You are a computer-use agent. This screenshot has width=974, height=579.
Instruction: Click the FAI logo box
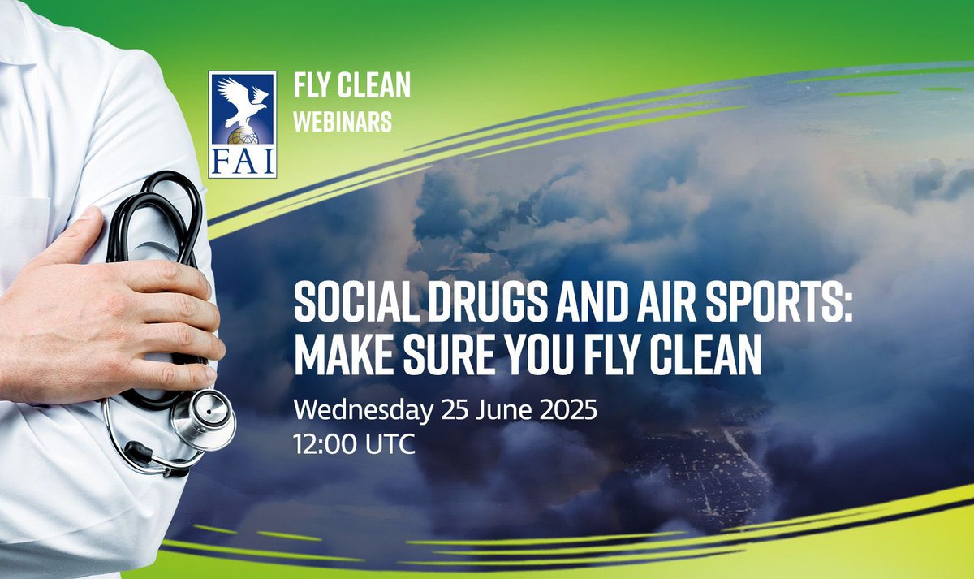[x=243, y=124]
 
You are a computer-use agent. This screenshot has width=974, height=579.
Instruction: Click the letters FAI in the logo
[x=243, y=162]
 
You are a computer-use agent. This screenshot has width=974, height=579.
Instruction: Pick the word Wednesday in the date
[x=362, y=410]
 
